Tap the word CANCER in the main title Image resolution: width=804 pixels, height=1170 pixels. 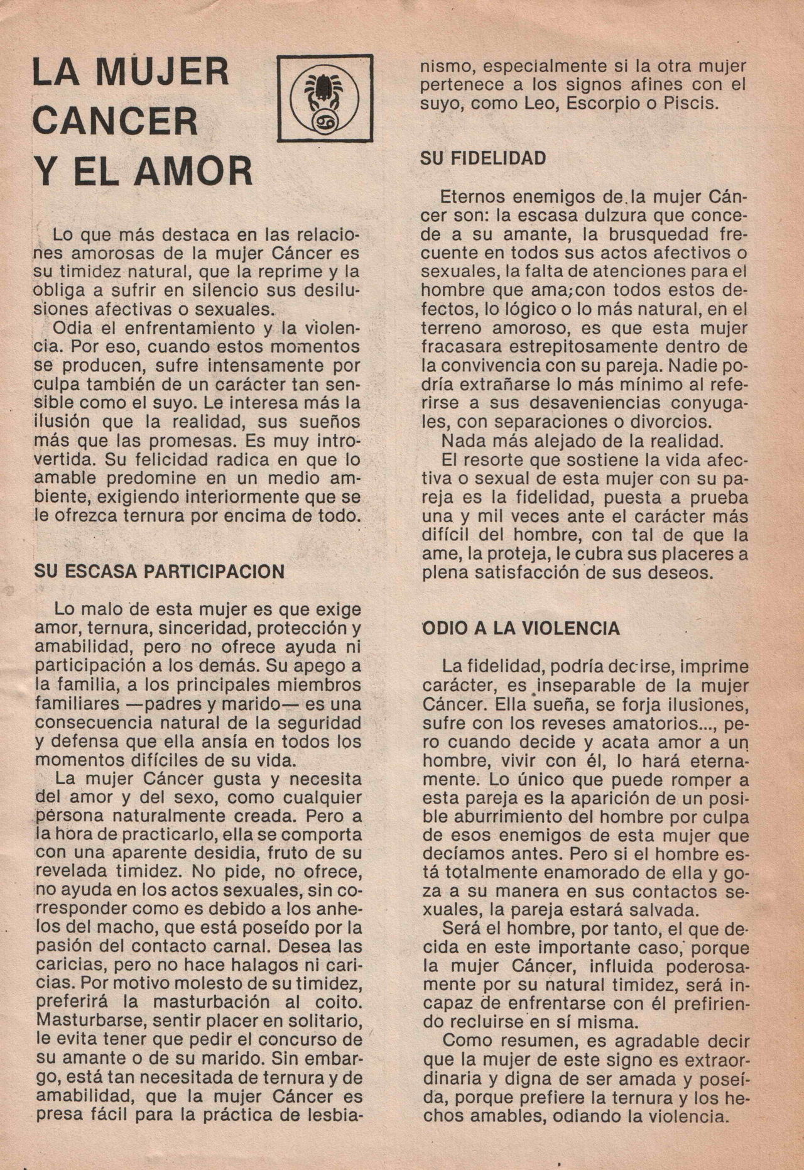(x=116, y=121)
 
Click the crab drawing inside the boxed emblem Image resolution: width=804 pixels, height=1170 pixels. (x=325, y=88)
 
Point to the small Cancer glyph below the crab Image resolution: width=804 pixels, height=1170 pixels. (x=325, y=118)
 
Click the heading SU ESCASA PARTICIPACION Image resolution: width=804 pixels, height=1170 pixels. (x=160, y=571)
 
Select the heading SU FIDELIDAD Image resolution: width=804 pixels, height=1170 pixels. (x=483, y=158)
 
